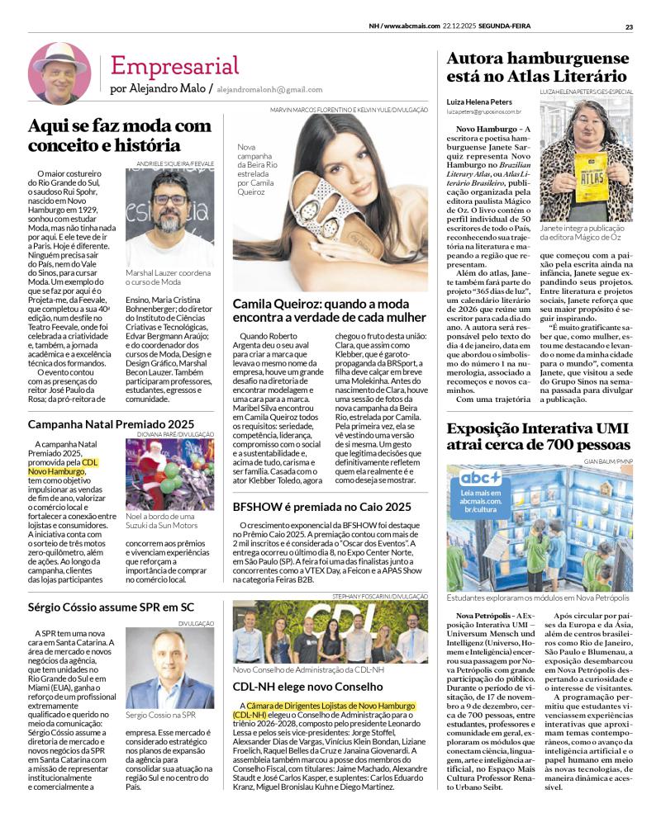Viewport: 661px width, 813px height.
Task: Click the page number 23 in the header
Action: (629, 26)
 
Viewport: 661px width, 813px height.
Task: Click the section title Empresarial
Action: (174, 65)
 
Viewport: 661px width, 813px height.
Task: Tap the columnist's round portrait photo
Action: (59, 73)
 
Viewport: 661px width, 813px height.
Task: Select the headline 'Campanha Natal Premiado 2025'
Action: (112, 424)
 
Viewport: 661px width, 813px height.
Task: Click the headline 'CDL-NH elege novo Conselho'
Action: (307, 687)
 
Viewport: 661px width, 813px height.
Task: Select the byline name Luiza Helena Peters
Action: (481, 100)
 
